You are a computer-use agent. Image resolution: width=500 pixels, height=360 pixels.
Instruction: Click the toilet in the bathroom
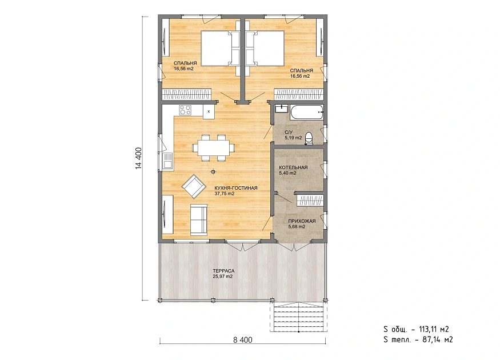[309, 139]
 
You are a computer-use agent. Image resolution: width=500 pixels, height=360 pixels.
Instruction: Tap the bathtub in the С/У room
[307, 112]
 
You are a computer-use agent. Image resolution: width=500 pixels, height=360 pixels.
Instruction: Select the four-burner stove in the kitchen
[185, 110]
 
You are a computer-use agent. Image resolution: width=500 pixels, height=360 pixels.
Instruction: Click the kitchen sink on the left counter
[168, 161]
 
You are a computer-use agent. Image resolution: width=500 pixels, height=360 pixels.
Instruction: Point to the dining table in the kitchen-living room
[213, 148]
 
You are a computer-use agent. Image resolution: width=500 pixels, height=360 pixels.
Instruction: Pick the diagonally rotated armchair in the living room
[193, 186]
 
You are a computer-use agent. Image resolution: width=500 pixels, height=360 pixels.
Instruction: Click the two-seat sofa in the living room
[199, 219]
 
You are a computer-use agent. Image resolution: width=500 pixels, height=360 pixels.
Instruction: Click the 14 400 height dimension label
[138, 158]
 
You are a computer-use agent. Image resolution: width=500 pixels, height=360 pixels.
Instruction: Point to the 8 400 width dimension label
[243, 340]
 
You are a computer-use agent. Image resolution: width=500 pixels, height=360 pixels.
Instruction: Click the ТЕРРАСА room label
[223, 271]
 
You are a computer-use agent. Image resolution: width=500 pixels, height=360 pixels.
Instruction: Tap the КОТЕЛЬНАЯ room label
[293, 167]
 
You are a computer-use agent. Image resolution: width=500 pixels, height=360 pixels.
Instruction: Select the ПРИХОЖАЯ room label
[302, 221]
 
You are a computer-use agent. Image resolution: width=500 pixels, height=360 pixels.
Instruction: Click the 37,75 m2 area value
[225, 194]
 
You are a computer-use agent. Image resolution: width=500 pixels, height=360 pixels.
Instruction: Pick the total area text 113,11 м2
[434, 329]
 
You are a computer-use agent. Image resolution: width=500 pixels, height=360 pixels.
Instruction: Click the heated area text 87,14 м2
[438, 339]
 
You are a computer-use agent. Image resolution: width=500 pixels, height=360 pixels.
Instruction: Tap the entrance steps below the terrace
[298, 317]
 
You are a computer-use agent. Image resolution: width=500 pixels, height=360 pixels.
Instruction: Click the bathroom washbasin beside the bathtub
[281, 109]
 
